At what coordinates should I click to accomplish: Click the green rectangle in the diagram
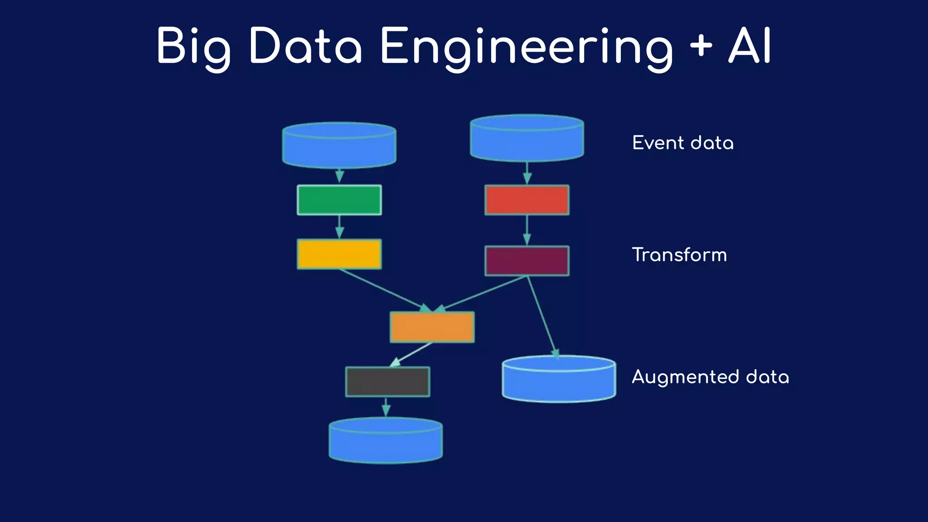tap(339, 200)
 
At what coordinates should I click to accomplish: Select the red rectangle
tap(527, 200)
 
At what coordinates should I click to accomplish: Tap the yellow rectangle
tap(339, 254)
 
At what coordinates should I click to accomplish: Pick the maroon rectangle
tap(527, 261)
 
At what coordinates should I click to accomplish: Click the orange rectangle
tap(432, 327)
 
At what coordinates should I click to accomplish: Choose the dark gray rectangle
tap(387, 382)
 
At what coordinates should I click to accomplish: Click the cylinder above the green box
tap(339, 145)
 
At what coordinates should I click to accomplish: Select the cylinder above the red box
tap(527, 138)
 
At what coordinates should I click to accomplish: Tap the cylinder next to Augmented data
tap(559, 379)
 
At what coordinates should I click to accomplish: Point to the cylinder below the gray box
tap(386, 440)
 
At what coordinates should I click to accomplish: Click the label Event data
tap(682, 143)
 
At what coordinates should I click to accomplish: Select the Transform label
tap(679, 255)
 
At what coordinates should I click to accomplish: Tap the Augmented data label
tap(710, 377)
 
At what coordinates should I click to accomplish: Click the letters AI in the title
tap(749, 46)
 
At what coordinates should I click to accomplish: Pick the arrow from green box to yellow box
tap(339, 227)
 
